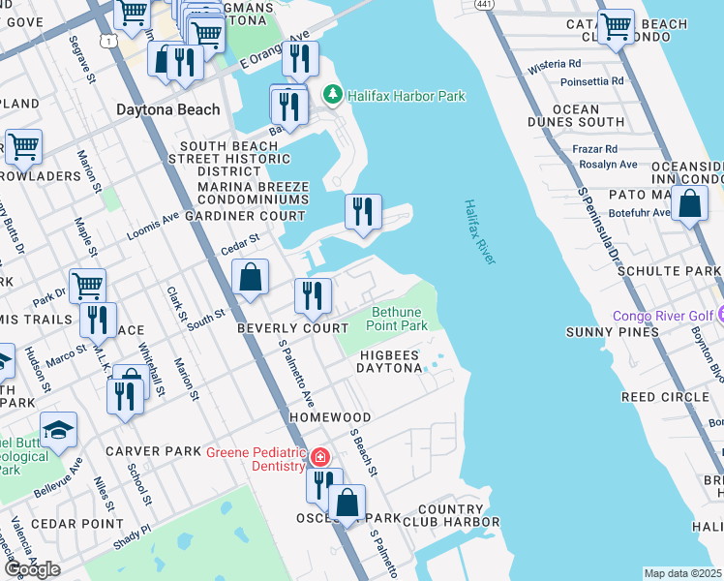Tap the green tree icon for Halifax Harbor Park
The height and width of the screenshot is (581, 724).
pos(334,95)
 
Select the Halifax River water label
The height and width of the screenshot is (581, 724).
pos(479,232)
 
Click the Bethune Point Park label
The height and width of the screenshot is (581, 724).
pos(397,319)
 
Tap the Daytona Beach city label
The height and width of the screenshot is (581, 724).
pos(168,109)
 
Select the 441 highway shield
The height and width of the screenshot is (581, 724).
pos(482,5)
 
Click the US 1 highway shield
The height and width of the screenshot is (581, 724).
pos(109,39)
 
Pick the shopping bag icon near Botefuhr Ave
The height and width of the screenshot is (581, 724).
pos(688,205)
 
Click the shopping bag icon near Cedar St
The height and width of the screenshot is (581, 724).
pos(250,277)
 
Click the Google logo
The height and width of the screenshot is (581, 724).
pos(32,569)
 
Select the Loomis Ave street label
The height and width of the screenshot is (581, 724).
pos(153,226)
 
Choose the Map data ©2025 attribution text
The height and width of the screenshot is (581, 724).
pos(682,573)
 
